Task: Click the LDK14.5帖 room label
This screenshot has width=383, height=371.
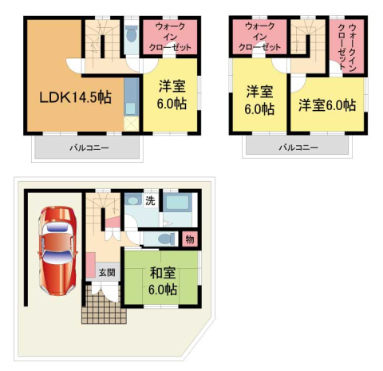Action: pyautogui.click(x=75, y=97)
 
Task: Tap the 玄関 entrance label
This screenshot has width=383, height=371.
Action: pyautogui.click(x=107, y=272)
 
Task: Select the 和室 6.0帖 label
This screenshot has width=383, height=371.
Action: pyautogui.click(x=163, y=281)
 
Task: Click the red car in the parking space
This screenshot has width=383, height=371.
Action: pyautogui.click(x=57, y=251)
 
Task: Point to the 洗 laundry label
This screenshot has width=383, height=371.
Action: pyautogui.click(x=150, y=201)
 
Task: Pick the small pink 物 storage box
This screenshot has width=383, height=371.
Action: pyautogui.click(x=190, y=239)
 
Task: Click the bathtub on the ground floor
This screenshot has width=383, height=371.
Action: pyautogui.click(x=177, y=203)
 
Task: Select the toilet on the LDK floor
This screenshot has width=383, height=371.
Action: pyautogui.click(x=132, y=34)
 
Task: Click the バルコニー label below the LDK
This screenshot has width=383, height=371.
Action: pyautogui.click(x=89, y=148)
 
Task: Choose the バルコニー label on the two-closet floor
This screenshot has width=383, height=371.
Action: pyautogui.click(x=298, y=148)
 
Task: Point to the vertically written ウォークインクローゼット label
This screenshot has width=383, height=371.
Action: pyautogui.click(x=347, y=47)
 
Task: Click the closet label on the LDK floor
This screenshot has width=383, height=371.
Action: pyautogui.click(x=170, y=37)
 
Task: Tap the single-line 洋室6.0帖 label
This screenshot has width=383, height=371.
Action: pyautogui.click(x=327, y=105)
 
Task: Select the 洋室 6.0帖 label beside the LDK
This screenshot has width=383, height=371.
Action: pyautogui.click(x=172, y=95)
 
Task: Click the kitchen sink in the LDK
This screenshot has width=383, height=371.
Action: pyautogui.click(x=131, y=109)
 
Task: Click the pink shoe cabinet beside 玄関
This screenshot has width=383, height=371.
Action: pyautogui.click(x=91, y=265)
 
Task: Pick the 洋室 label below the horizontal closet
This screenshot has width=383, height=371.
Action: pyautogui.click(x=259, y=100)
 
